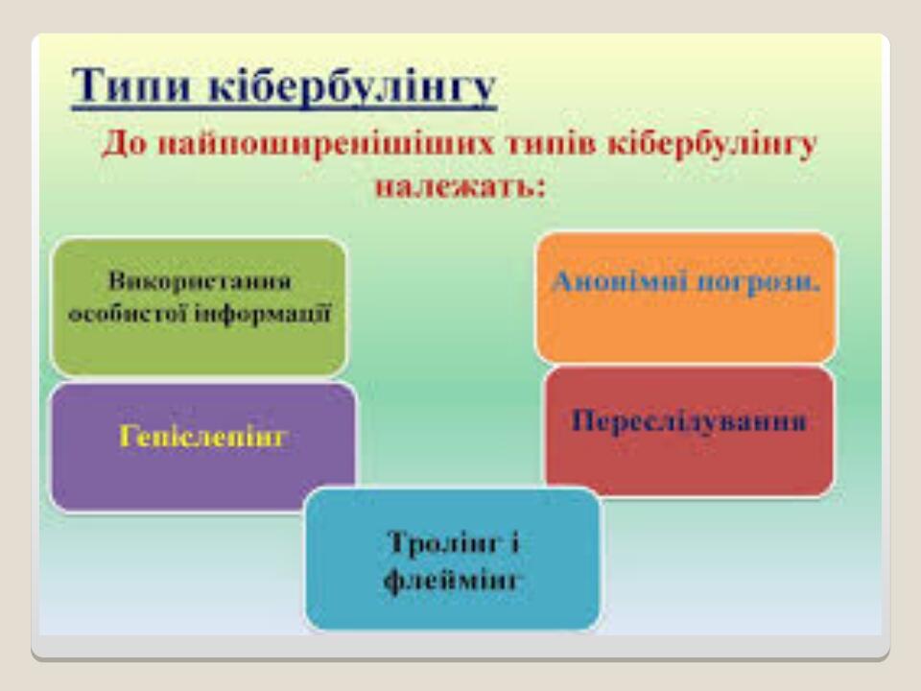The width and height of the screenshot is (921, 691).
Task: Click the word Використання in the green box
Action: tap(200, 281)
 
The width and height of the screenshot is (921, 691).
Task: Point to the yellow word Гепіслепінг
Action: tap(203, 437)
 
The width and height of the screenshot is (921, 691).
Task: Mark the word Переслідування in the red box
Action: tap(689, 420)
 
